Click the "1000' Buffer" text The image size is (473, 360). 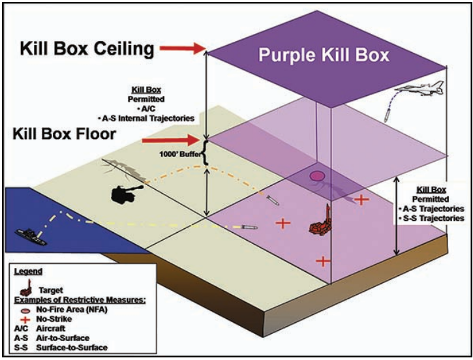[x=179, y=155]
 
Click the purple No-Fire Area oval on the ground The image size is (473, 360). [x=317, y=175]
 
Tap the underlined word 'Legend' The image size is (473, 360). [x=29, y=270]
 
